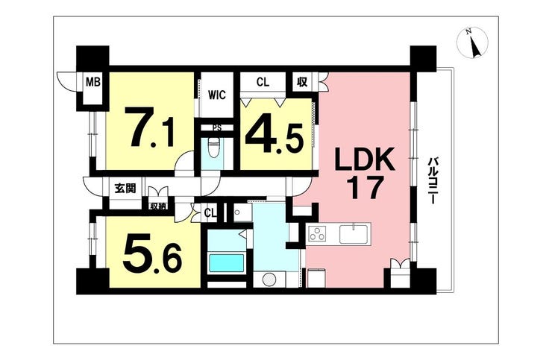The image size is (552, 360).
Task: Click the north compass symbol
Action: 472,42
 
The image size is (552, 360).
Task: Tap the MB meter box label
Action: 94,82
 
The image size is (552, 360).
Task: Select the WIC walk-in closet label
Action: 216,95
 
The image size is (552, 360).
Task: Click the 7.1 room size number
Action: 151,127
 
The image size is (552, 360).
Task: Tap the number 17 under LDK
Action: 365,188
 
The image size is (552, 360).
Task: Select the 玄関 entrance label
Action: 125,189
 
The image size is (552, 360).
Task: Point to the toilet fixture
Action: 213,148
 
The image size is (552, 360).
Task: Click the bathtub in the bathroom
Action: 226,263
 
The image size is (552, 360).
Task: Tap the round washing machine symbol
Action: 269,280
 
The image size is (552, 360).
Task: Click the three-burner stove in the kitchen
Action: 317,234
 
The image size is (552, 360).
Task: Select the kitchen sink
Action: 354,234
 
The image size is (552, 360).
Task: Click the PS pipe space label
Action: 217,128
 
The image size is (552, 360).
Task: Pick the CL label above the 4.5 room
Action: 263,82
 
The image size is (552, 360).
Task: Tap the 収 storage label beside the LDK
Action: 302,82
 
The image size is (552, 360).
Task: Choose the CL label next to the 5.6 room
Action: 210,213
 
